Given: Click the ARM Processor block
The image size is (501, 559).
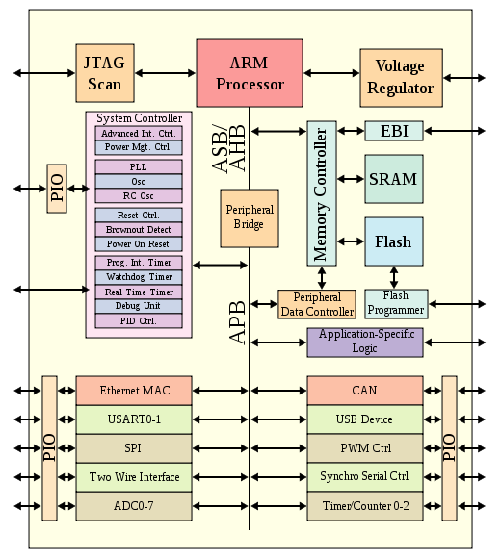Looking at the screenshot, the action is [250, 73].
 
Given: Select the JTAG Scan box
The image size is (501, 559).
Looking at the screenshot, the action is [105, 73].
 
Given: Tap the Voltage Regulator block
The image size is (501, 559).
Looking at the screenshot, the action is [402, 78].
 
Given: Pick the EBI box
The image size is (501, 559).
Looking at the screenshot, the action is [394, 131].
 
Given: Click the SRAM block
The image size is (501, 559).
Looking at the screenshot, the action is [394, 179].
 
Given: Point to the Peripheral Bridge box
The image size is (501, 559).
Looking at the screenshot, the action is [250, 218].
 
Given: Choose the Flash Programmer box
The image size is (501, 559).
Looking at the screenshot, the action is [396, 304].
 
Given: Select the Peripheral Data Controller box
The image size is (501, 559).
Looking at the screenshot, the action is [317, 304].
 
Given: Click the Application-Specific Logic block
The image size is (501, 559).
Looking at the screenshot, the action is [365, 343].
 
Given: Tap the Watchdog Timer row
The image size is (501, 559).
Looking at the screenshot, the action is [139, 277].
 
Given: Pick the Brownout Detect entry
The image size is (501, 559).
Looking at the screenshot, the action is [139, 230].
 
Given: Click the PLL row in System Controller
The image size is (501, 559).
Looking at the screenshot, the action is [139, 166].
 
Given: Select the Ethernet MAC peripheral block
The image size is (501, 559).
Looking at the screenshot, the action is [134, 391].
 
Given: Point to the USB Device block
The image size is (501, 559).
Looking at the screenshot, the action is [365, 419].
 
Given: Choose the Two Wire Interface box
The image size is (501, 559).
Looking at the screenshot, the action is [134, 477].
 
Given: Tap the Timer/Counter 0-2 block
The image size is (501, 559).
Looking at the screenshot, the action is [365, 506].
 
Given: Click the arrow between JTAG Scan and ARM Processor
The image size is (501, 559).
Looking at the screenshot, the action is [166, 73].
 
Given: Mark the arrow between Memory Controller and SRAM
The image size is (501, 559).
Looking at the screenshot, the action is [351, 179].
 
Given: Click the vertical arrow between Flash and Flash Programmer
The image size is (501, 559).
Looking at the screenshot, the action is [394, 277].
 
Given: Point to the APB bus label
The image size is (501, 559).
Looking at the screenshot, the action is [237, 323].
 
